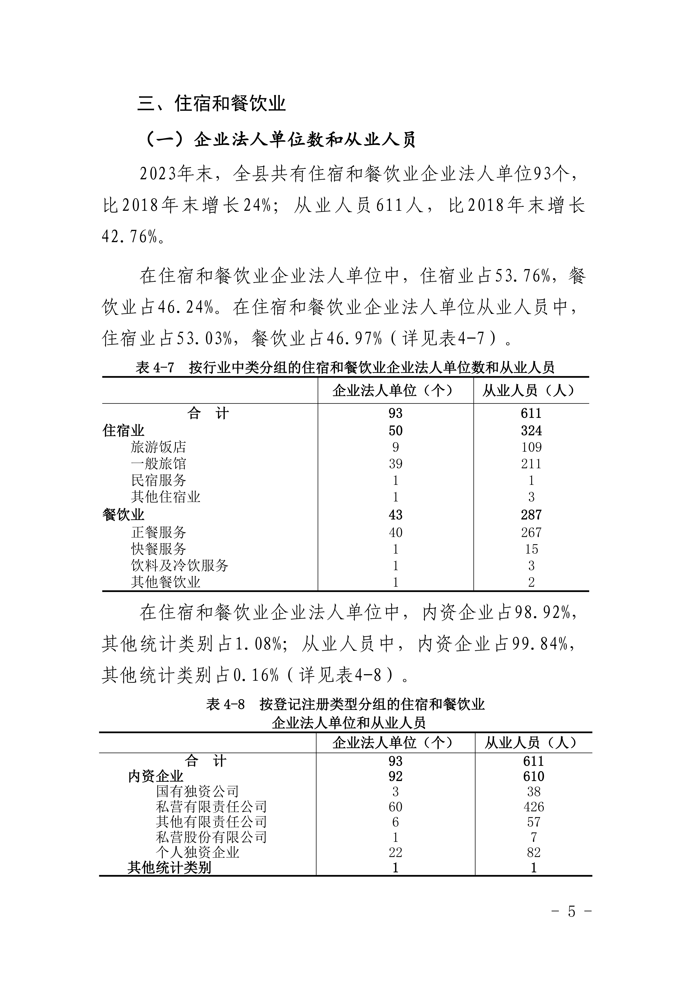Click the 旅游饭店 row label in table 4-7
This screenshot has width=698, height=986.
click(159, 447)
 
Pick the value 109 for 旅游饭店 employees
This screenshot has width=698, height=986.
click(531, 447)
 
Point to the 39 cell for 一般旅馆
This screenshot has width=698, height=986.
click(395, 464)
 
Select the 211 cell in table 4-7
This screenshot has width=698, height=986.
click(531, 464)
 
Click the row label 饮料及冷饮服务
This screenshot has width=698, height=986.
click(180, 565)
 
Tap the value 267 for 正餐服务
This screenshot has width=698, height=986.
click(531, 533)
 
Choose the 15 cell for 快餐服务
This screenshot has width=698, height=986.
click(531, 549)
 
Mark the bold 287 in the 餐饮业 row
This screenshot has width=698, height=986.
click(531, 515)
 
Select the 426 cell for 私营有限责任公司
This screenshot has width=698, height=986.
click(533, 807)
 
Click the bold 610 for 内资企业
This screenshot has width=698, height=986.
click(533, 776)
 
